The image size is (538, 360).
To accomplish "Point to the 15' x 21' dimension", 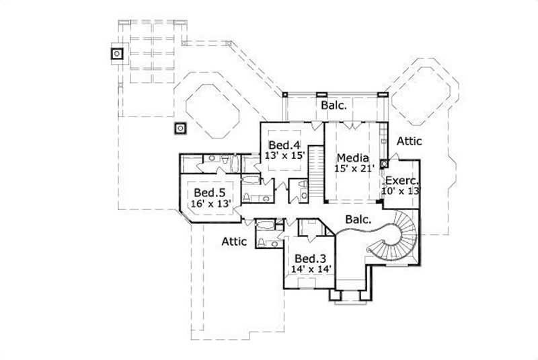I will coord(354,168).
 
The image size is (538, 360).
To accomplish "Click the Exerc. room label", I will coord(401,181).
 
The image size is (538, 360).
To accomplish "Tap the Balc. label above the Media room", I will coord(334,106).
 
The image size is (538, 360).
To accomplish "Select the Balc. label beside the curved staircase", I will coord(359,219).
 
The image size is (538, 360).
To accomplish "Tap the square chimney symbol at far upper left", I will coord(117,52).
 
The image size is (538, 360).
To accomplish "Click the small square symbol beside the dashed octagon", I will coord(180,127).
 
